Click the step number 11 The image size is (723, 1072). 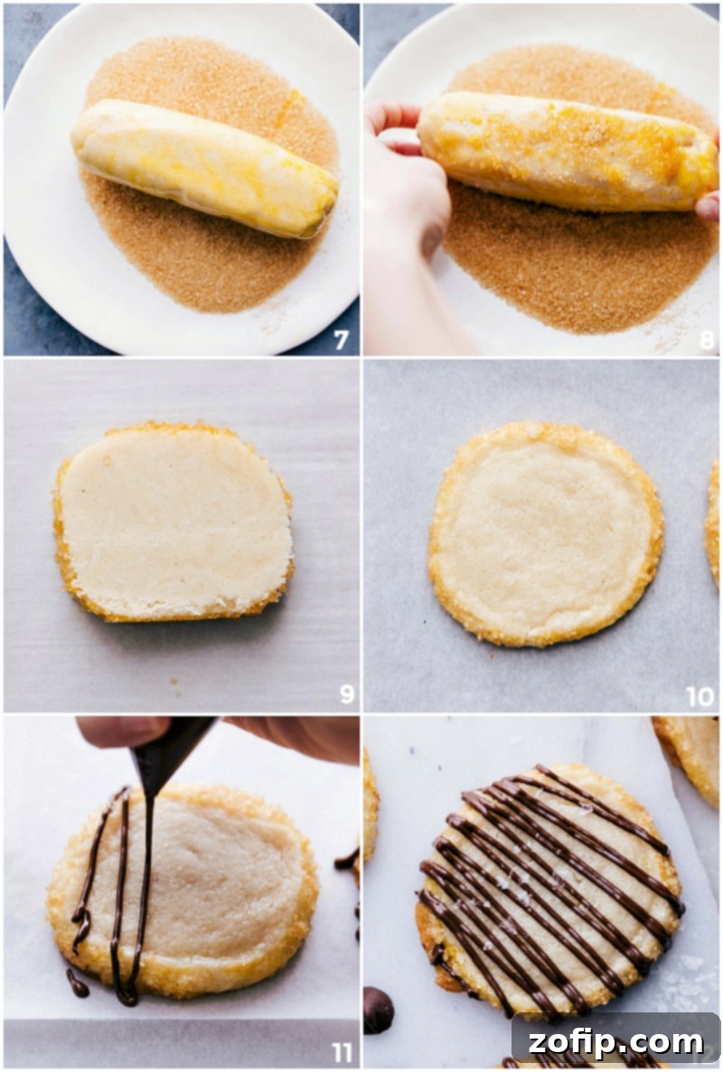tap(341, 1052)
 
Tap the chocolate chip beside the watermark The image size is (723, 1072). tap(378, 1010)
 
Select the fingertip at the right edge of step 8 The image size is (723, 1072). tap(709, 205)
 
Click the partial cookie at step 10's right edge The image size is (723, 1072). tap(714, 524)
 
